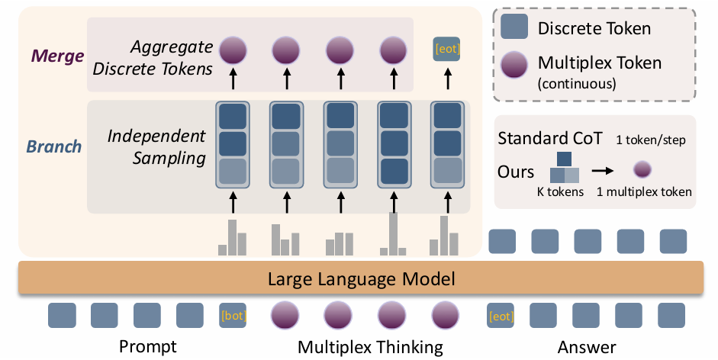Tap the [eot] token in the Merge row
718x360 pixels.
click(446, 50)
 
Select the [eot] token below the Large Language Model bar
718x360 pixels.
click(500, 315)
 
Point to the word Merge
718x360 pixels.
click(56, 56)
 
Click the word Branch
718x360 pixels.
click(56, 146)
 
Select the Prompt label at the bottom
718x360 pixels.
click(148, 347)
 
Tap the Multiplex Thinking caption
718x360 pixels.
click(370, 347)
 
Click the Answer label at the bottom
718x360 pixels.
click(587, 347)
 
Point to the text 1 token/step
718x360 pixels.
click(650, 140)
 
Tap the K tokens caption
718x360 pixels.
click(560, 192)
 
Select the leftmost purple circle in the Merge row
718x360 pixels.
click(233, 50)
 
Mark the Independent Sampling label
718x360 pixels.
click(156, 147)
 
